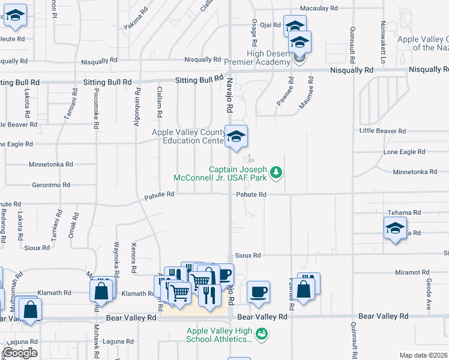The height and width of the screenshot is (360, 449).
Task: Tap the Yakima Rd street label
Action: [136, 19]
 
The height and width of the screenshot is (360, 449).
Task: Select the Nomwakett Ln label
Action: [382, 43]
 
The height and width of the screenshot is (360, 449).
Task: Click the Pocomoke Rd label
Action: [95, 109]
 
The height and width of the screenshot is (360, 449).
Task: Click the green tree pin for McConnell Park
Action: [276, 173]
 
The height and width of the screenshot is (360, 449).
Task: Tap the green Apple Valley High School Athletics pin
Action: [261, 333]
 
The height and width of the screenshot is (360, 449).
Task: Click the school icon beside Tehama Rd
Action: [395, 228]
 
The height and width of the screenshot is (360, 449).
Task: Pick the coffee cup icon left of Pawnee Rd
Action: [258, 292]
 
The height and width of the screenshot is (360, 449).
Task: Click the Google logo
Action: [19, 353]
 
